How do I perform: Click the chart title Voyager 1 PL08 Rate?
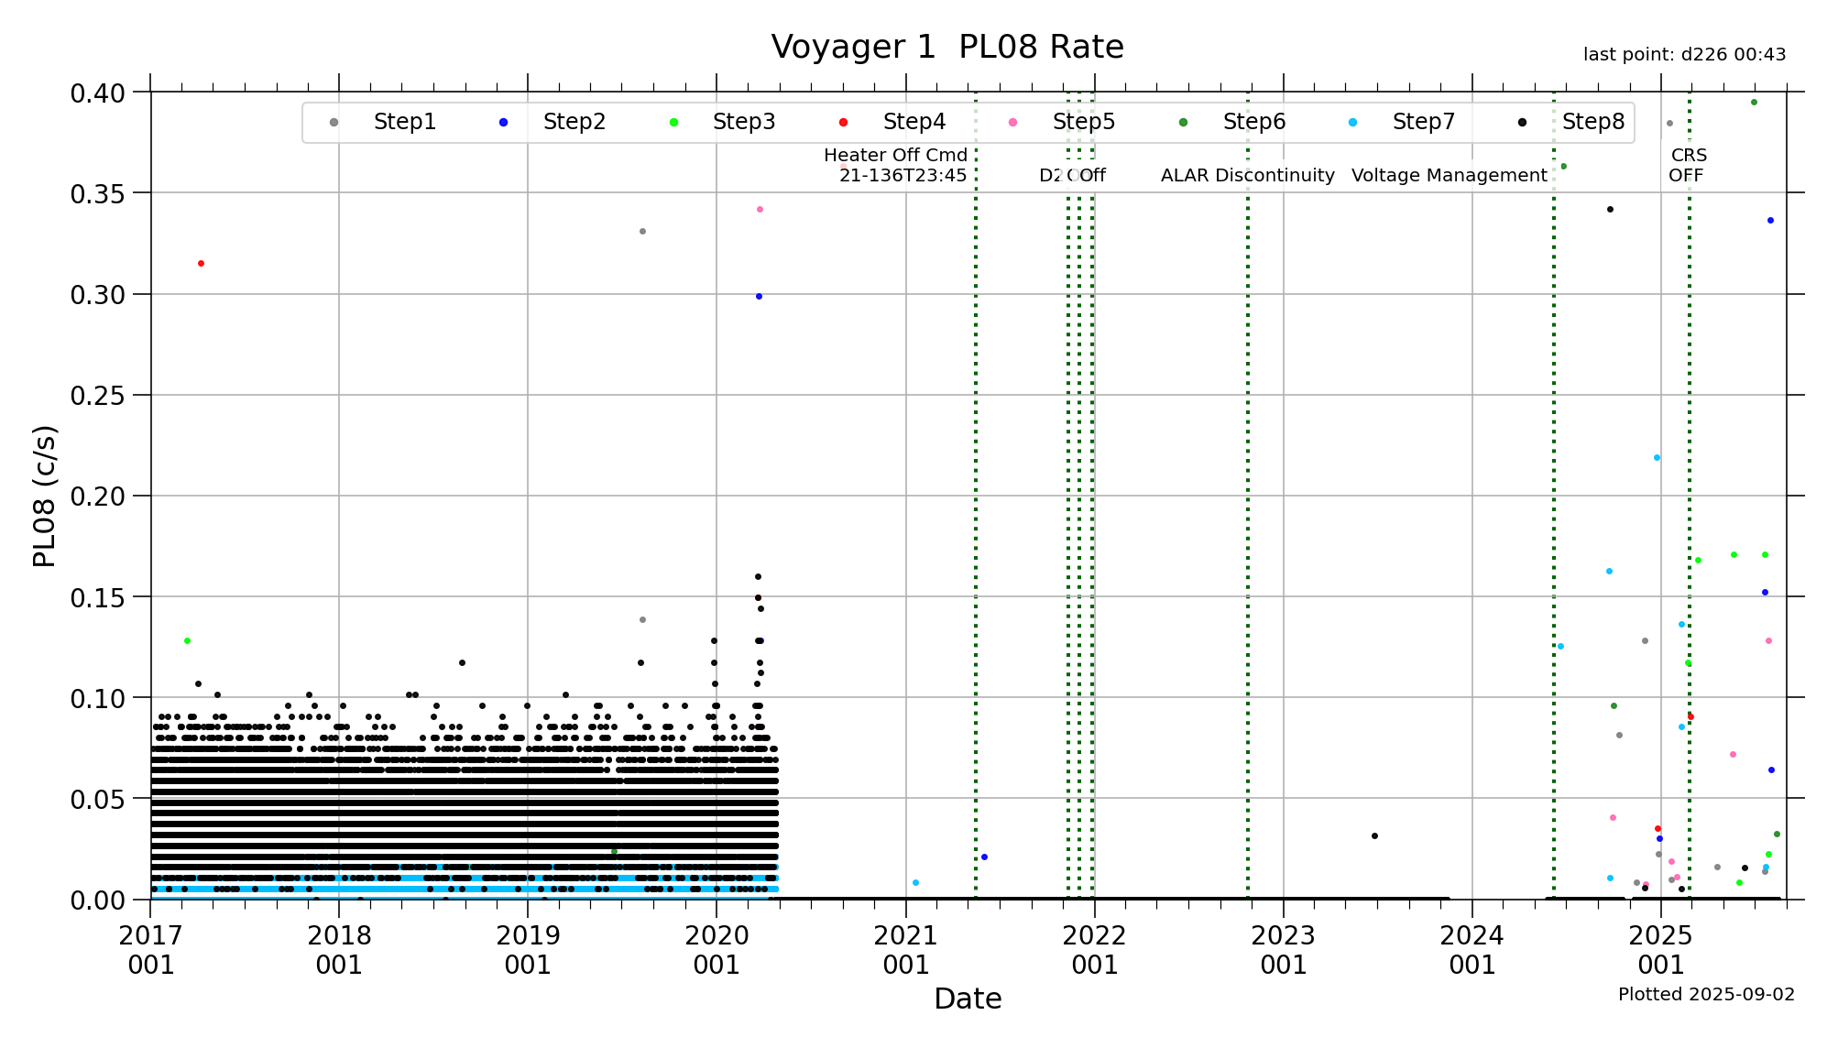pos(946,47)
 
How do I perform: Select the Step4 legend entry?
pos(913,122)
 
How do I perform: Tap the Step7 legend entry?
pos(1422,122)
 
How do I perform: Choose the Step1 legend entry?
pos(403,122)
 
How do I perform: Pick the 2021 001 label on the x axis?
pos(905,950)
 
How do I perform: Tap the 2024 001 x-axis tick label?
pos(1471,950)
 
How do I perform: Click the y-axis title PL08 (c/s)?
pos(44,496)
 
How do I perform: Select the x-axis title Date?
pos(968,999)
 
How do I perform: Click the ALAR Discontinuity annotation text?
pos(1247,176)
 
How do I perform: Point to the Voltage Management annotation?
pos(1449,176)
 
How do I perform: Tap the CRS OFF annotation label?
pos(1687,166)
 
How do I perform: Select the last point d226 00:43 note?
pos(1684,55)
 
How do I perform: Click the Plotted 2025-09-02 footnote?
pos(1706,995)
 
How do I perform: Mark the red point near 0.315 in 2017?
pos(202,264)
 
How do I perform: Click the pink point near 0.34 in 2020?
pos(760,210)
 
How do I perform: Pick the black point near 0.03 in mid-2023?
pos(1374,836)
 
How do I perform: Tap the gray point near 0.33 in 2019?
pos(642,232)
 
